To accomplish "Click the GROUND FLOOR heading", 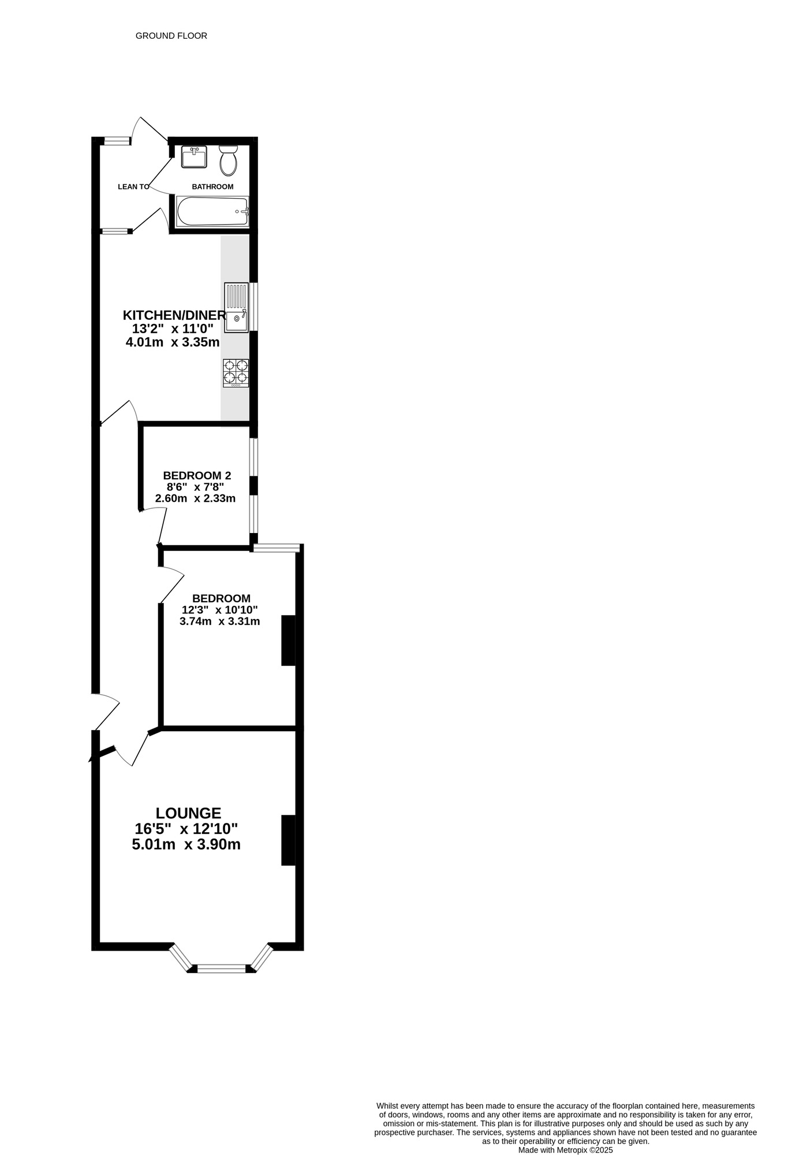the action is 171,36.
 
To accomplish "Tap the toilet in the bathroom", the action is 229,160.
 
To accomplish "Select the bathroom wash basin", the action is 194,157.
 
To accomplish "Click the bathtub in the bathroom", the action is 212,212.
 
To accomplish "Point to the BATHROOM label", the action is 212,187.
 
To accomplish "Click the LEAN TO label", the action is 133,187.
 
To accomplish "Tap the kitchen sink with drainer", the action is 236,307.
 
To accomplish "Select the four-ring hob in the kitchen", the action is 236,373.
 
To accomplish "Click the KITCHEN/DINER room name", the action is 174,315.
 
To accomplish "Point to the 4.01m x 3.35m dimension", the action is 173,342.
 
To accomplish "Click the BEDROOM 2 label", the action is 197,476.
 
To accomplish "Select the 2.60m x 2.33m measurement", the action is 195,498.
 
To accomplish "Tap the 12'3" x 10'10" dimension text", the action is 220,610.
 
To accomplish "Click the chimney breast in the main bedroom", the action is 288,640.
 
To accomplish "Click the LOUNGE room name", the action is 189,813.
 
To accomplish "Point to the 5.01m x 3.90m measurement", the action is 186,844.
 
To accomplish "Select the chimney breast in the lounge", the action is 288,840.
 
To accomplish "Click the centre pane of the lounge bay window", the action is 222,968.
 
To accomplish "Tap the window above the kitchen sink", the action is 253,307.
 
